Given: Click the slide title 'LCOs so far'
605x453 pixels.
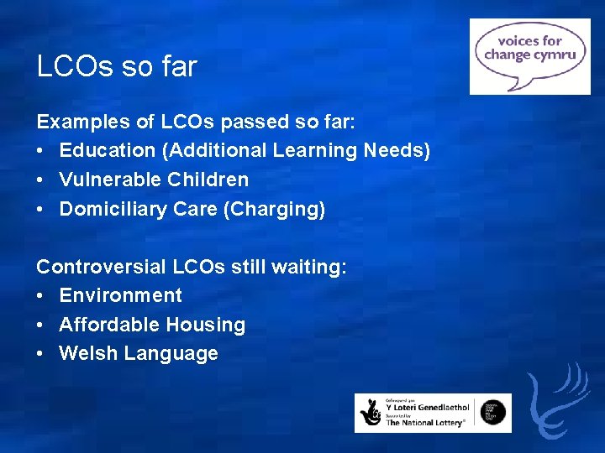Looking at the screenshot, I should (117, 66).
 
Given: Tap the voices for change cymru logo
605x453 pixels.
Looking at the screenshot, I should (529, 56).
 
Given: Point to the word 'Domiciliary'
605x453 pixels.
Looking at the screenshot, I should (113, 209).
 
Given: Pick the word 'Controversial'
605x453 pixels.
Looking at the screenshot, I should (102, 267).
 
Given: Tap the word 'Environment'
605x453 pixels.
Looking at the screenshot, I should (120, 295).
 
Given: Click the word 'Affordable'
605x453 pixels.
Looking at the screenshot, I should (109, 325).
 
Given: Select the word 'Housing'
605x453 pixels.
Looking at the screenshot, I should (206, 325).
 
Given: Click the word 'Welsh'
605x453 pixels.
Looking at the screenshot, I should (88, 353).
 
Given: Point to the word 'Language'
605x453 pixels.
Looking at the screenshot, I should (171, 354).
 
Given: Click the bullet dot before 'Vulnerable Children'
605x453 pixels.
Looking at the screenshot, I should (41, 180).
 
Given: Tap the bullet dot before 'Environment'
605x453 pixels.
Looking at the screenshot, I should (41, 296).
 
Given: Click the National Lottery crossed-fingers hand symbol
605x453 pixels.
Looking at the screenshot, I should (371, 413).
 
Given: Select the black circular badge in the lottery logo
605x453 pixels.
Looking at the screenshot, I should (494, 412).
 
